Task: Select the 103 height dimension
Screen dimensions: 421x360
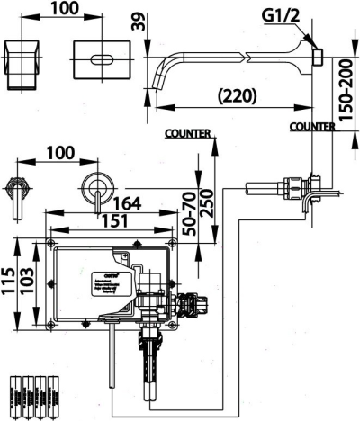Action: pyautogui.click(x=28, y=284)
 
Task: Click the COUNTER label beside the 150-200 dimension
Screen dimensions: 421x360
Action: pyautogui.click(x=312, y=128)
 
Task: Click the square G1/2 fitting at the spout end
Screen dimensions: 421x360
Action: pyautogui.click(x=316, y=57)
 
